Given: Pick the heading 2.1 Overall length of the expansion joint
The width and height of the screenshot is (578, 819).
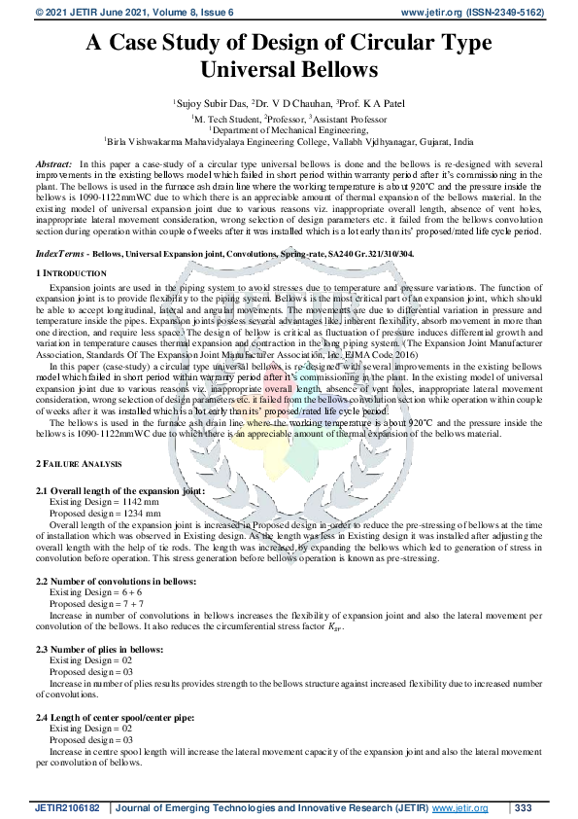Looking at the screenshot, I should [x=120, y=491].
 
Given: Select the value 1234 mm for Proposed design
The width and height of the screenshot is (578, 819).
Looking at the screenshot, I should [x=143, y=512].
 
